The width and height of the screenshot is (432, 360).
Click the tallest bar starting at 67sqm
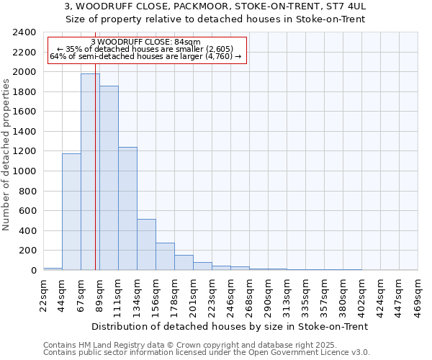click(90, 173)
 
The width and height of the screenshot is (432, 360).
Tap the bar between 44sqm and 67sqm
click(71, 212)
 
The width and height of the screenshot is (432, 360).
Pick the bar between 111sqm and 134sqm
click(127, 209)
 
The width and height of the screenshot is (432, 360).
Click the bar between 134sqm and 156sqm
click(146, 245)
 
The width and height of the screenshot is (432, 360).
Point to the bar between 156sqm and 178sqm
click(165, 256)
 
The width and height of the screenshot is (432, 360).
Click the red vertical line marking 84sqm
click(95, 180)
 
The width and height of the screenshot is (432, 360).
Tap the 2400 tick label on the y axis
click(24, 32)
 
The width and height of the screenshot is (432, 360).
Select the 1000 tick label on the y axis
click(24, 171)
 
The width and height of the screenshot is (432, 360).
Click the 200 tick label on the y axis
click(27, 251)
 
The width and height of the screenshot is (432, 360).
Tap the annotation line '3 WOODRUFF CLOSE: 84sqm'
click(146, 42)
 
